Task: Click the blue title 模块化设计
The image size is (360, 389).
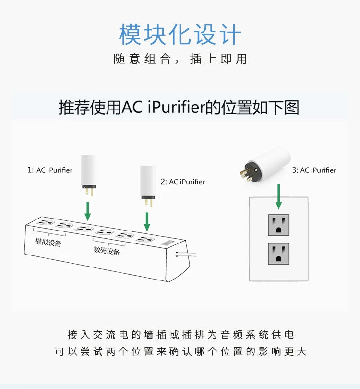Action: (x=180, y=34)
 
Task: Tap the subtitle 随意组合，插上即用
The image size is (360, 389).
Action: (x=180, y=59)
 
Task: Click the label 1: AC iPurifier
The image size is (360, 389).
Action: (x=50, y=170)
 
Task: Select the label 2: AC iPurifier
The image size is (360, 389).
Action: (x=182, y=182)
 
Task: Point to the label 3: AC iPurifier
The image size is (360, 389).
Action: (x=313, y=170)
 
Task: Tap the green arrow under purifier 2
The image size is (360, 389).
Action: (x=147, y=220)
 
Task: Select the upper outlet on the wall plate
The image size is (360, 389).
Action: (x=278, y=224)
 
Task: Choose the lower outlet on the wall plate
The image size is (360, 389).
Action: (x=278, y=254)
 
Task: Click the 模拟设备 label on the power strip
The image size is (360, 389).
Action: (x=48, y=242)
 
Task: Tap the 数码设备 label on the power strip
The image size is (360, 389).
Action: (x=107, y=251)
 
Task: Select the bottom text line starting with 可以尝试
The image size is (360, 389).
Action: (x=180, y=352)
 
